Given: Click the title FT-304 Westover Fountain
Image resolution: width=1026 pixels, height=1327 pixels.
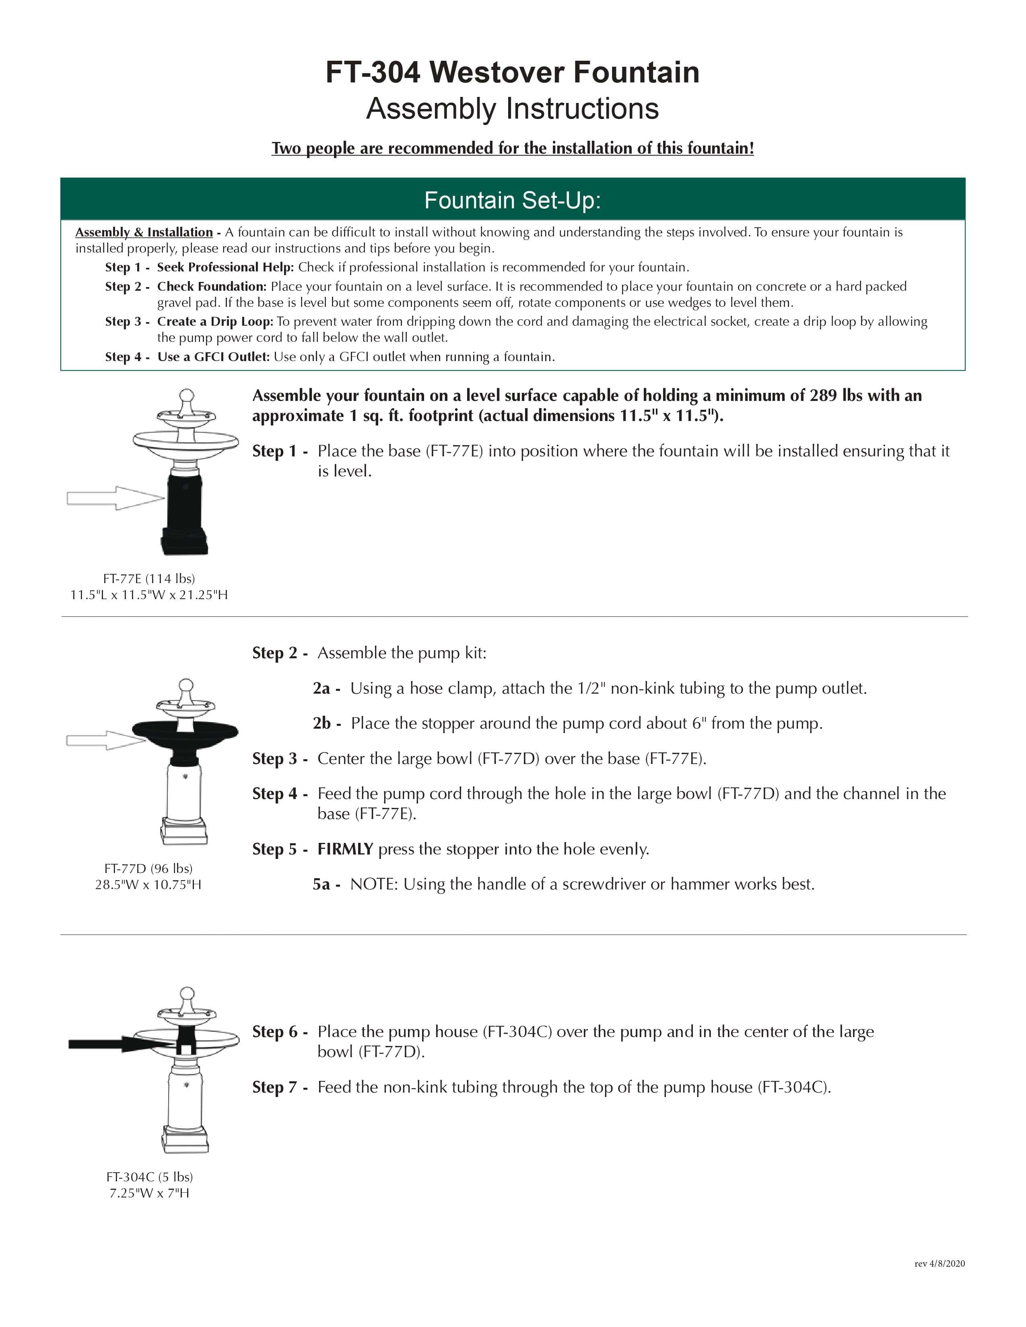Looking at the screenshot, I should [512, 72].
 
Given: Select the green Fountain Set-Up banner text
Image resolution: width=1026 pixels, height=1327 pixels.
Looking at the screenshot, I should [512, 201].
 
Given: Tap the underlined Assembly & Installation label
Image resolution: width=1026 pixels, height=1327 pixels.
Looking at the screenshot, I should [144, 232].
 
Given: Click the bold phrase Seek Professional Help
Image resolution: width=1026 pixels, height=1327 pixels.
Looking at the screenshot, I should [225, 267].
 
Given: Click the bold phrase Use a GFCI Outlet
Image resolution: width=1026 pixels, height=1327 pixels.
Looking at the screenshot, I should [213, 357].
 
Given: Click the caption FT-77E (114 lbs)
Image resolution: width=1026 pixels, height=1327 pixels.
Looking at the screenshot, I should [149, 578].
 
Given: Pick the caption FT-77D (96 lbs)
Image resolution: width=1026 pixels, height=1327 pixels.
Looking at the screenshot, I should [148, 868].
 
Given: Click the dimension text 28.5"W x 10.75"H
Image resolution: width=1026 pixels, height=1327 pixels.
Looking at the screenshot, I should [148, 885].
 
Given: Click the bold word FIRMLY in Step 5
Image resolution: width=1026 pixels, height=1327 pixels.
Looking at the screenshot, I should [345, 849].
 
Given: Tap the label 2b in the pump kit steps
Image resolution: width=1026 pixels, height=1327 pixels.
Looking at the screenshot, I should [322, 723].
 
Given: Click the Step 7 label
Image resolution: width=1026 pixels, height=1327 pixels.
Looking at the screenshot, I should [275, 1087].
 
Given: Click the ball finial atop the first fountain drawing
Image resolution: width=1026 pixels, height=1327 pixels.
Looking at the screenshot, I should [187, 396].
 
